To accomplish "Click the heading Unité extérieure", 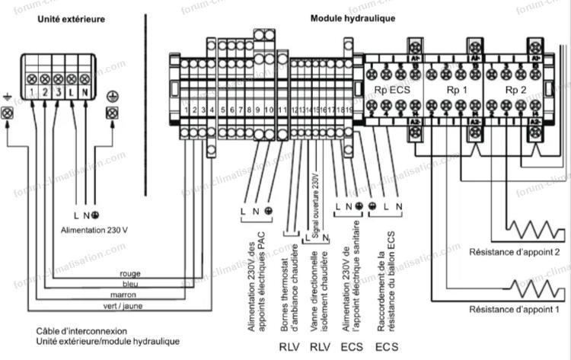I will pos(72,18).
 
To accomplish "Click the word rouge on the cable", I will pos(129,273).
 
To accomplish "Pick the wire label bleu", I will pos(129,284).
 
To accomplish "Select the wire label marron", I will pos(129,295).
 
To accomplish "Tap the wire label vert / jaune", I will pos(126,306).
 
